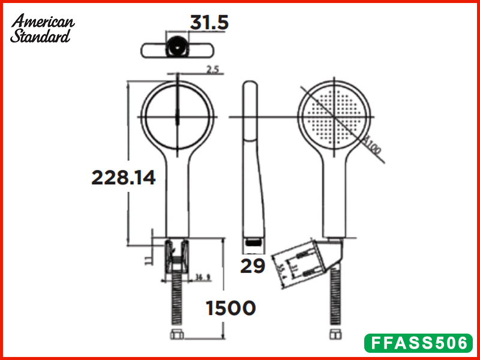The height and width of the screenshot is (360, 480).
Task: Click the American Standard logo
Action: [x=42, y=28]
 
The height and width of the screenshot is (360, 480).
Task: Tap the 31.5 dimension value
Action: [x=209, y=23]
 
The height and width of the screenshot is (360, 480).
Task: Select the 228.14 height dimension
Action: [x=123, y=178]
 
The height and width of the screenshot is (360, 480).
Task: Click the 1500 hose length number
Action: [x=230, y=308]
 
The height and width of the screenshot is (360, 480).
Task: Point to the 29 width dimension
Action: [x=253, y=266]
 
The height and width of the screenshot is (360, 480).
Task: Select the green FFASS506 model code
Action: [x=419, y=343]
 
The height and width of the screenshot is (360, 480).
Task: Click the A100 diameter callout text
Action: [x=373, y=146]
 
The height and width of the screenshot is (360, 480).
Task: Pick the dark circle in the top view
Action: [x=176, y=46]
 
